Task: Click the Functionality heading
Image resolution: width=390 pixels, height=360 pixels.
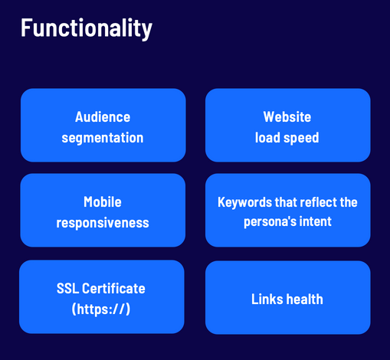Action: pos(87,28)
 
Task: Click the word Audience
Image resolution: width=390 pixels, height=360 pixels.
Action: pos(103,117)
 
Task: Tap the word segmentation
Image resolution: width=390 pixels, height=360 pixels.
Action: pos(103,138)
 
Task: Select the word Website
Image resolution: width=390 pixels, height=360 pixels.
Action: pos(287,117)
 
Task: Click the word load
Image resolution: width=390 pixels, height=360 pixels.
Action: pos(267,138)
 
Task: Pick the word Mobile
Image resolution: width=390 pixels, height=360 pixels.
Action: pos(103,202)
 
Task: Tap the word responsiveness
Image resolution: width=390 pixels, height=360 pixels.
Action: pos(103,223)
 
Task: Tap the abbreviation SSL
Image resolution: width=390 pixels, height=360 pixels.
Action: pos(67,289)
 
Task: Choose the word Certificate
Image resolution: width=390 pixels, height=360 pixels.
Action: pos(113,289)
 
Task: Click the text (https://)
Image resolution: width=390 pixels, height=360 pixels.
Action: pos(101,309)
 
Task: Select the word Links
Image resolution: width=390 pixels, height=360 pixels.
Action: pos(266,299)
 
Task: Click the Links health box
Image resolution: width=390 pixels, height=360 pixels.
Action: pos(288,297)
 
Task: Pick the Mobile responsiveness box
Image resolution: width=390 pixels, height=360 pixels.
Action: pos(103,210)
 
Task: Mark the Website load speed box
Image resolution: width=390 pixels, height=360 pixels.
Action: pos(288,125)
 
